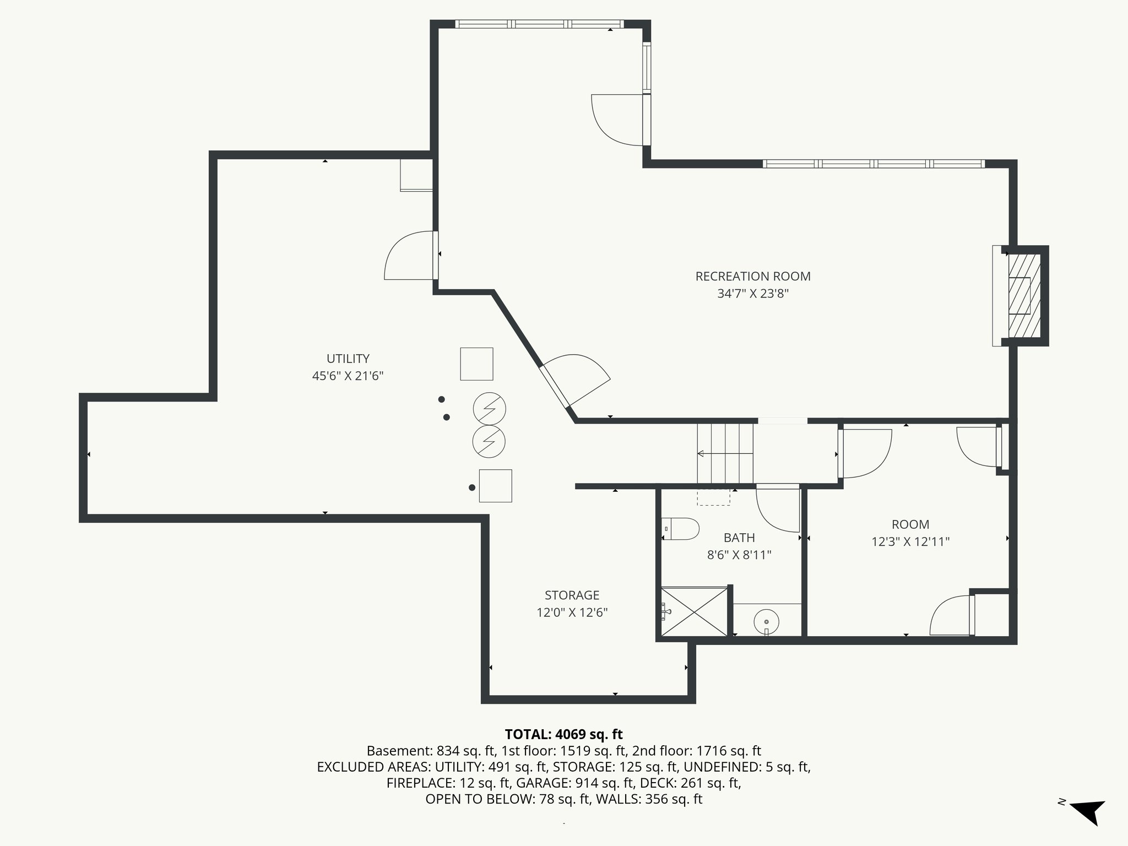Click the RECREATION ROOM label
click(752, 276)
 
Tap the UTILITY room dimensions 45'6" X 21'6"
click(348, 376)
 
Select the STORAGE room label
click(572, 595)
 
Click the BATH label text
click(739, 538)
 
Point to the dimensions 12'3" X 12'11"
click(910, 542)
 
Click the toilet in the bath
click(681, 529)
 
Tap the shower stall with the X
click(694, 611)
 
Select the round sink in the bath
click(766, 621)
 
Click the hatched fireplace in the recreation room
click(1024, 296)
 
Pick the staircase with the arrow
click(725, 454)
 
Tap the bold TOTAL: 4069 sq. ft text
click(563, 734)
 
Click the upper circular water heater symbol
click(489, 409)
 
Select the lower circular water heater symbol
click(489, 441)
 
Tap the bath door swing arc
click(777, 509)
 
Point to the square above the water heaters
click(476, 364)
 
